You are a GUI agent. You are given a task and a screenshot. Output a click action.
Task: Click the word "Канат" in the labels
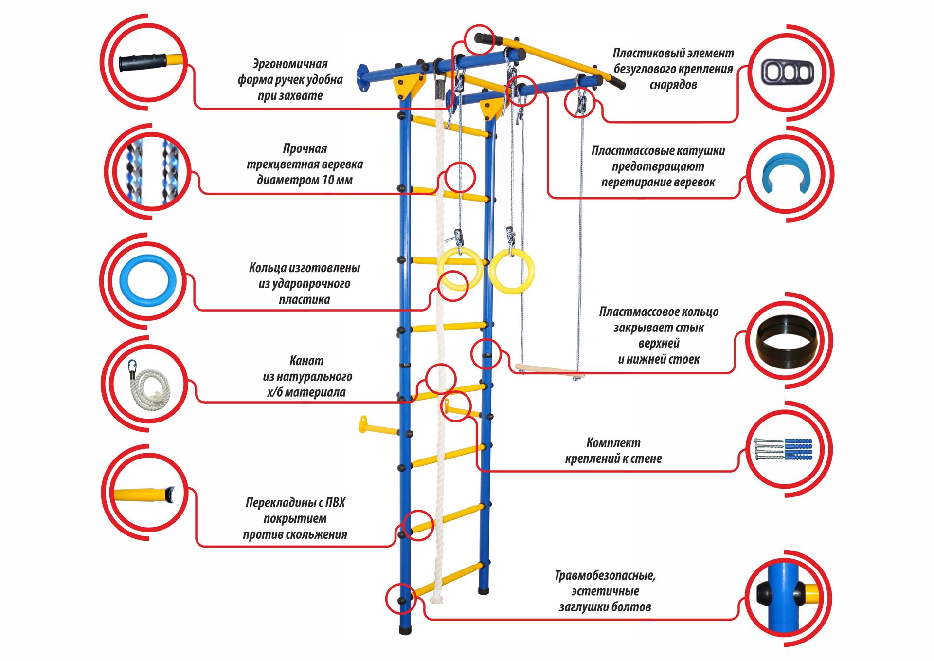click(306, 361)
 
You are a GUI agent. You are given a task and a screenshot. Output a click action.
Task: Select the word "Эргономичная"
click(290, 64)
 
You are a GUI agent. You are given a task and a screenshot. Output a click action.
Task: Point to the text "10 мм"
click(337, 180)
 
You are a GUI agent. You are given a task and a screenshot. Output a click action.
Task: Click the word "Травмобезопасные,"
click(605, 576)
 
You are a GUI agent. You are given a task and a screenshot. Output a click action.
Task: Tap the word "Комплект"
click(613, 443)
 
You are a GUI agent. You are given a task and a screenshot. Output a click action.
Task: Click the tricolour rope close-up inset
click(151, 171)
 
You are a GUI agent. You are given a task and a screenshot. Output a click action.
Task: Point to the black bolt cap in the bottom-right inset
click(764, 595)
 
